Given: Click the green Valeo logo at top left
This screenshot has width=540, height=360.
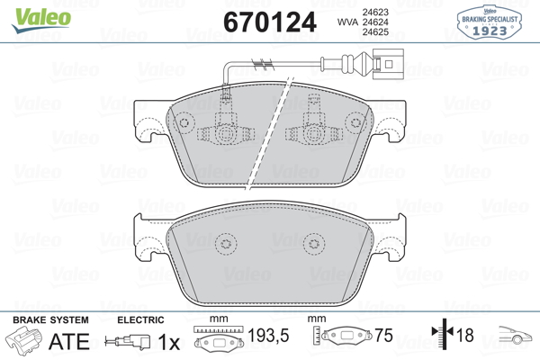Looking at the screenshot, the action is point(41,20).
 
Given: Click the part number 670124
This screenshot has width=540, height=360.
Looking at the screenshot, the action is point(270,22).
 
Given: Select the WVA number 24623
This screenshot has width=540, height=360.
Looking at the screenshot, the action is point(375,12).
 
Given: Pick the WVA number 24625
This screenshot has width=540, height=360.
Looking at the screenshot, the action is point(375,32).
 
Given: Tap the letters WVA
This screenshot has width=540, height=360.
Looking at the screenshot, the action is point(347,22).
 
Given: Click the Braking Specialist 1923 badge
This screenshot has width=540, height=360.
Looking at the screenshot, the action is point(489,22).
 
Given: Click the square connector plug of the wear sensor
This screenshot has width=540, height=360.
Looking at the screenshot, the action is point(389,64).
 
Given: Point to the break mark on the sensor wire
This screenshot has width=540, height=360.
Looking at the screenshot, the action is point(263,63).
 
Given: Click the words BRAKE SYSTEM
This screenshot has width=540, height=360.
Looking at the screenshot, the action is point(50,320).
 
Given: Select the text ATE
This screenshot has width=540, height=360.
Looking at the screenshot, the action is point(69,341).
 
